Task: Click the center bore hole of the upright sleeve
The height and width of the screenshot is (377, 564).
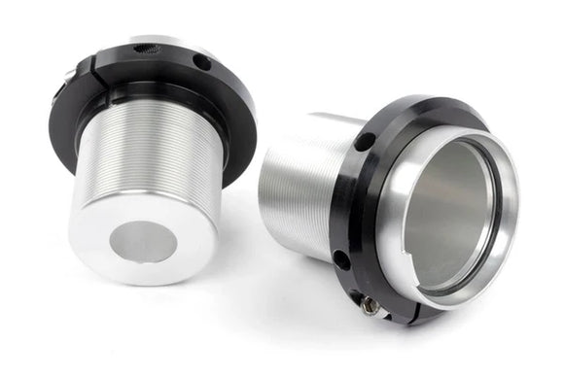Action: point(143,241)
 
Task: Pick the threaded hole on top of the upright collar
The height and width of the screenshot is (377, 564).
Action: point(146,48)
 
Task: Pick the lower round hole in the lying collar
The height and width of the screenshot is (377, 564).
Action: point(341,259)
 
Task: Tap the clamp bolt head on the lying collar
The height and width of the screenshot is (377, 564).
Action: point(370,305)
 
